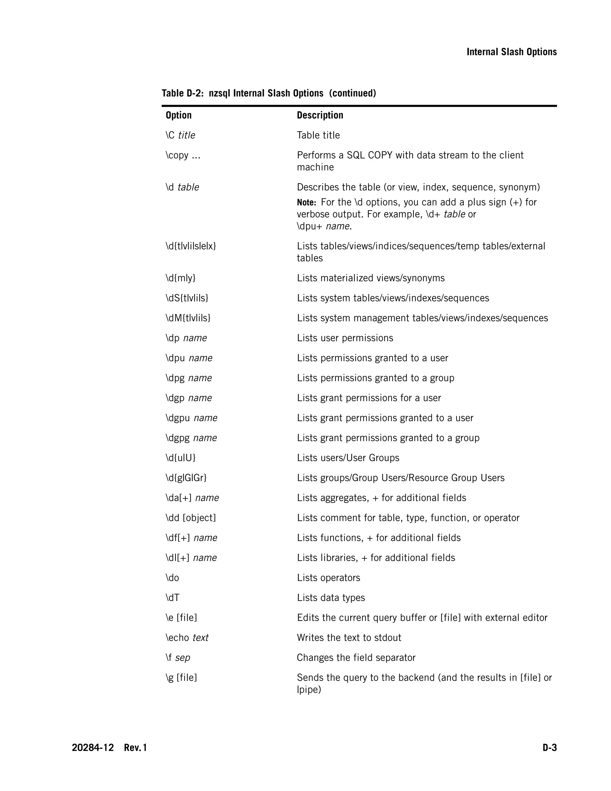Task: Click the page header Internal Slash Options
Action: click(511, 52)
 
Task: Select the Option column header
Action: click(178, 115)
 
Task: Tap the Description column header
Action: click(320, 115)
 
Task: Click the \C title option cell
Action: click(180, 135)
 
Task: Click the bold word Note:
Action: click(306, 202)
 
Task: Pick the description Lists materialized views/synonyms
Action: click(371, 278)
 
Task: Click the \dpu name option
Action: click(189, 358)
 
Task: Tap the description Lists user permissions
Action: click(345, 338)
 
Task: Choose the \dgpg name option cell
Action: click(191, 438)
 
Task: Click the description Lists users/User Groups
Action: click(348, 458)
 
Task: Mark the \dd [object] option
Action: click(190, 518)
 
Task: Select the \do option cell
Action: click(172, 578)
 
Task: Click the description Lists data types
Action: click(331, 598)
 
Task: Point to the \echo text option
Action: click(187, 638)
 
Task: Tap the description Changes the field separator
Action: click(356, 657)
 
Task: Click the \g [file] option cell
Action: click(181, 677)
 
